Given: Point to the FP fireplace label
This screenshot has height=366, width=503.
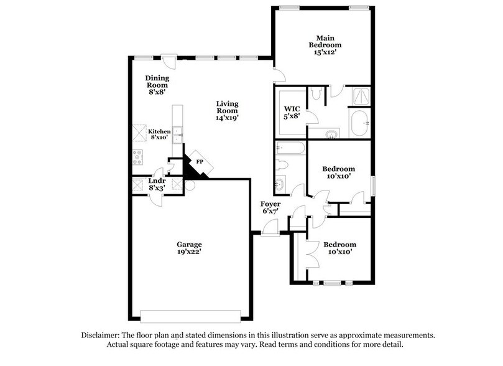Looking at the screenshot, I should pos(200,161).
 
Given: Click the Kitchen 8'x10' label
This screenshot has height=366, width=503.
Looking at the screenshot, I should pos(159,135).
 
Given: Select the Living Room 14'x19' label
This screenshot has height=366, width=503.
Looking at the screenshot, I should pos(227,110).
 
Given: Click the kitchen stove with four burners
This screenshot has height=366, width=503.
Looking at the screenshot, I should pos(137,157).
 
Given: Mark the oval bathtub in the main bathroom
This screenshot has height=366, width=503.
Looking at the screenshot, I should pos(359,124).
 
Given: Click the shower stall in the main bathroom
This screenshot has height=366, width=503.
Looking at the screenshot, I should pos(359,95).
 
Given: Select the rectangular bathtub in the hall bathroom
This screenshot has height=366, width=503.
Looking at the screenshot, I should pos(290,148).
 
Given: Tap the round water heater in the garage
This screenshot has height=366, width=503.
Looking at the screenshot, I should pos(189,185).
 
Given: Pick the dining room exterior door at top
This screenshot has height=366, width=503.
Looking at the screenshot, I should pos(144,58).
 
